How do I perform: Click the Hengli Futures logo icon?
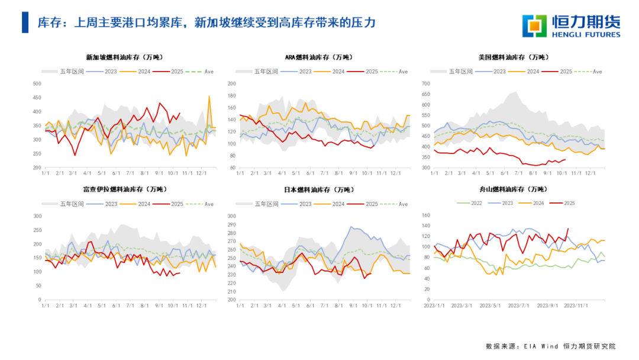point(535,26)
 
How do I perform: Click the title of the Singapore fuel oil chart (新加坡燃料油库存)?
point(124,57)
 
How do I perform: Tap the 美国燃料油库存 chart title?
point(513,57)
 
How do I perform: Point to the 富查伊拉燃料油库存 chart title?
point(124,189)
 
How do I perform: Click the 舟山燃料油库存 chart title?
point(513,189)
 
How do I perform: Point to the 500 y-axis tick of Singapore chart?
point(36,83)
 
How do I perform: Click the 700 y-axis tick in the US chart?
point(425,83)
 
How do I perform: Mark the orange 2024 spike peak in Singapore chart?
point(209,96)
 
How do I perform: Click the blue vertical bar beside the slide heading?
point(25,22)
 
